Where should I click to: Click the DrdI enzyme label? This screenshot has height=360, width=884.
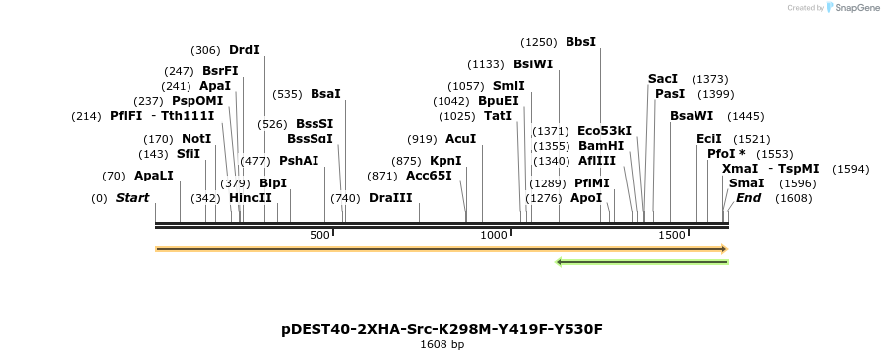pyautogui.click(x=244, y=49)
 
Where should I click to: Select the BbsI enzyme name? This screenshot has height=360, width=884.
pyautogui.click(x=580, y=42)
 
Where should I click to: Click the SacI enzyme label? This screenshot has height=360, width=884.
pyautogui.click(x=663, y=78)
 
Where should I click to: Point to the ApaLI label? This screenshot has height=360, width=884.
pyautogui.click(x=154, y=176)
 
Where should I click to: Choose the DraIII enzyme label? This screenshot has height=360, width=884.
pyautogui.click(x=390, y=198)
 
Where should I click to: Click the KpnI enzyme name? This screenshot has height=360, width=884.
pyautogui.click(x=445, y=160)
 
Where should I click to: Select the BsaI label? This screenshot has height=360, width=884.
pyautogui.click(x=325, y=94)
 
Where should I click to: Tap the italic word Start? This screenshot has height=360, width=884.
pyautogui.click(x=132, y=198)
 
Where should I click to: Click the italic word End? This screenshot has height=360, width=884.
pyautogui.click(x=748, y=198)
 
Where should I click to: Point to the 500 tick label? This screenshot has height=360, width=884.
pyautogui.click(x=319, y=235)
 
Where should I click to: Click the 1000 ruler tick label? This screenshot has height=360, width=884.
pyautogui.click(x=494, y=235)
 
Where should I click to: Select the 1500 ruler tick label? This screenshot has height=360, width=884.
pyautogui.click(x=672, y=235)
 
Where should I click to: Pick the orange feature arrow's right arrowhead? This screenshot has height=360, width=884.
pyautogui.click(x=723, y=249)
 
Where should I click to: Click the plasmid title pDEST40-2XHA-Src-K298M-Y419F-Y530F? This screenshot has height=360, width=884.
pyautogui.click(x=442, y=329)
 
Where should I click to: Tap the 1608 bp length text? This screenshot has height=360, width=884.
pyautogui.click(x=442, y=345)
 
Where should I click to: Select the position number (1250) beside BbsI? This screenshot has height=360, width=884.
pyautogui.click(x=540, y=42)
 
